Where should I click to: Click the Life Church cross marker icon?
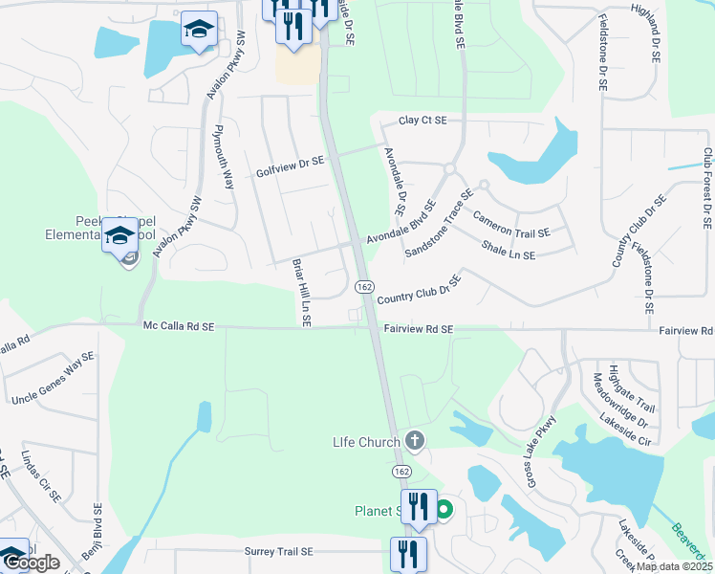(414, 441)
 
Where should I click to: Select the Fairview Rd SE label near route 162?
(419, 328)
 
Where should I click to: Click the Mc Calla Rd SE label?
(179, 326)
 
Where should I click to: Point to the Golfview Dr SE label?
(291, 167)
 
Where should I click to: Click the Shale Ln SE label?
(509, 250)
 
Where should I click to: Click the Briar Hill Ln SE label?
(300, 293)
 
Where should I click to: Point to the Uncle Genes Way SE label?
(53, 378)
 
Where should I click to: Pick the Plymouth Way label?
(224, 157)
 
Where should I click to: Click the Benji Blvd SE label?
(97, 535)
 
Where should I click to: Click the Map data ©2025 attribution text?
(674, 566)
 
